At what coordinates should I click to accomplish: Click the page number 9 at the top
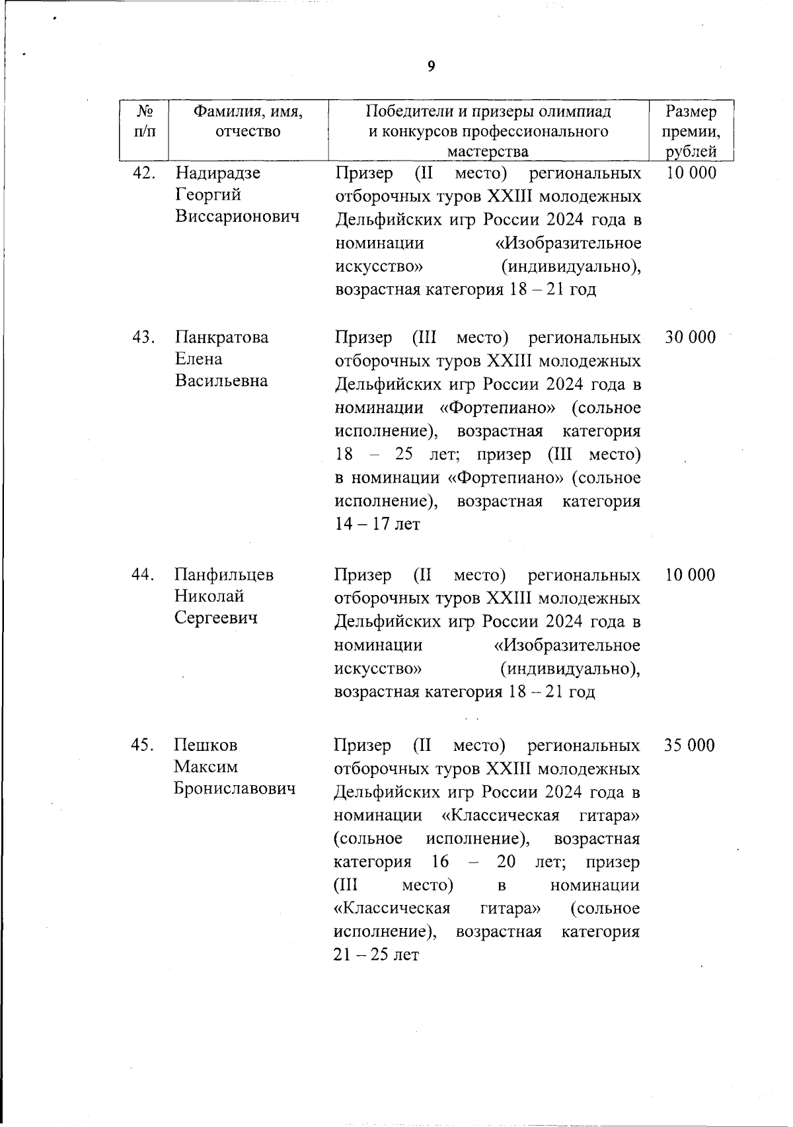(431, 66)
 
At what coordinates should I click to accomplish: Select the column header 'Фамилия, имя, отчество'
(248, 122)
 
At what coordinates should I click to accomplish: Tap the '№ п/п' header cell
(145, 122)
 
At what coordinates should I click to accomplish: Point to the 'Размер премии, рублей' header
(691, 132)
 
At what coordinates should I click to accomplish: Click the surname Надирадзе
(218, 173)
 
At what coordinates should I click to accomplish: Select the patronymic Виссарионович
(237, 217)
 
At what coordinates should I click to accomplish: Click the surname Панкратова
(222, 337)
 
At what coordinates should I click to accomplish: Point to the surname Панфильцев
(224, 574)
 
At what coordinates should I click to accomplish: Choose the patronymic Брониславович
(235, 789)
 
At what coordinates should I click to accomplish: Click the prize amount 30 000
(690, 337)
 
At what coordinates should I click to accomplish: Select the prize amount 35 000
(690, 745)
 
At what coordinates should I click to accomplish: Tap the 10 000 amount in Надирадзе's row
(691, 173)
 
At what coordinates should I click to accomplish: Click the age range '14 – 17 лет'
(377, 525)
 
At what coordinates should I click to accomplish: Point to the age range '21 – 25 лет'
(377, 955)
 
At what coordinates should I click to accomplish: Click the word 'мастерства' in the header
(488, 152)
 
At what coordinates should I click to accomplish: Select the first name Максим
(206, 767)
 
